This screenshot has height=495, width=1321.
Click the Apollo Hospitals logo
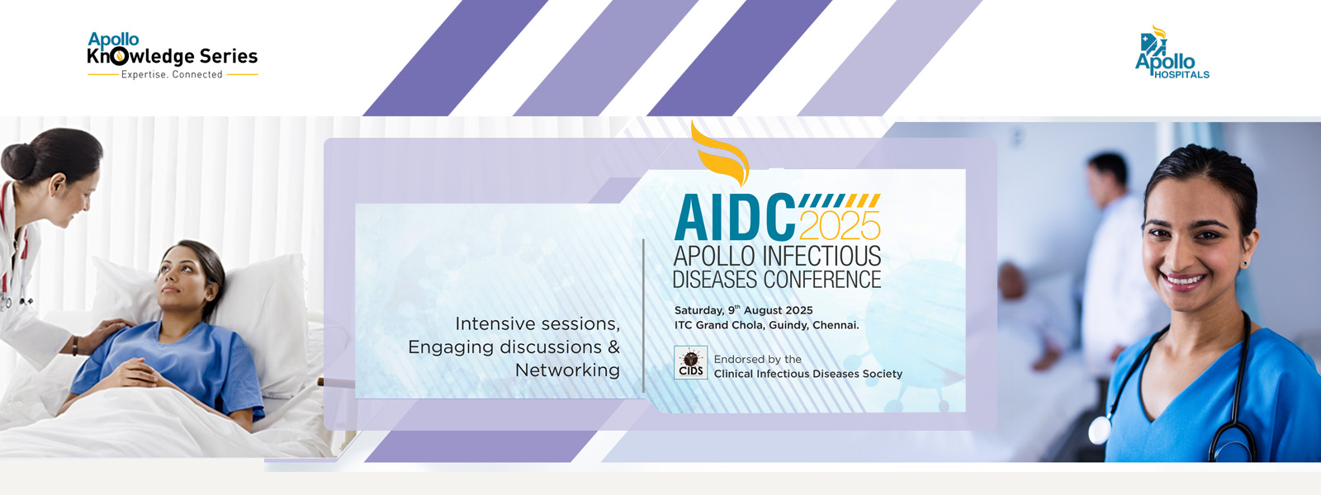(x=1172, y=52)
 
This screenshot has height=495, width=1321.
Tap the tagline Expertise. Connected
(x=172, y=75)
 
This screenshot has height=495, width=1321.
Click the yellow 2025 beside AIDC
(x=840, y=224)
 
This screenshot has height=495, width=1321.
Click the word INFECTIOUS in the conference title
(x=821, y=257)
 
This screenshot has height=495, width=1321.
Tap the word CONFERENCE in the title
(x=822, y=280)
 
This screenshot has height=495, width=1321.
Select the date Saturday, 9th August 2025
(x=744, y=310)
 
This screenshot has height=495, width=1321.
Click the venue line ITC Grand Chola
(x=767, y=325)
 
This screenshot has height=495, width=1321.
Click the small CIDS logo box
(x=690, y=362)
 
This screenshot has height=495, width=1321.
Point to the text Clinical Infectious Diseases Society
(x=808, y=374)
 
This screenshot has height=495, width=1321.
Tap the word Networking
(x=567, y=370)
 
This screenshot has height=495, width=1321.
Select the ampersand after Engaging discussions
(x=614, y=346)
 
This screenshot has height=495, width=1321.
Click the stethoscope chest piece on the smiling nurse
(x=1099, y=431)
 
